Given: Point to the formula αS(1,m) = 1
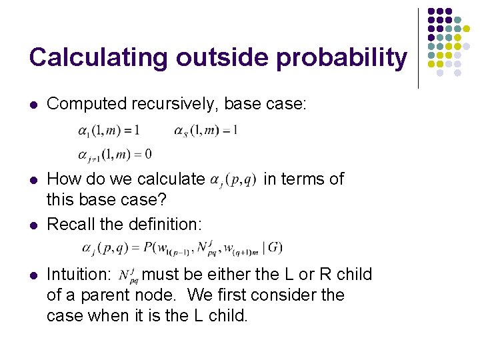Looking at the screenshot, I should tap(205, 131).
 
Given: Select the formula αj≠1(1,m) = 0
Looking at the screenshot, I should tap(115, 154).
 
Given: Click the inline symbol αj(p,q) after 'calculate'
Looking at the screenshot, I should tap(233, 180).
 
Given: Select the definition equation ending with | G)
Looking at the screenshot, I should tap(182, 248).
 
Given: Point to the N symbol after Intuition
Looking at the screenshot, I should tap(127, 275).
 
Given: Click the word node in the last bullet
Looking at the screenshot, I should tap(151, 295).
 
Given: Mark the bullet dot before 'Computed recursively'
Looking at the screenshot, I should tap(34, 104).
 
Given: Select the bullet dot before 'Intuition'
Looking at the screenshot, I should tap(34, 275).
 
